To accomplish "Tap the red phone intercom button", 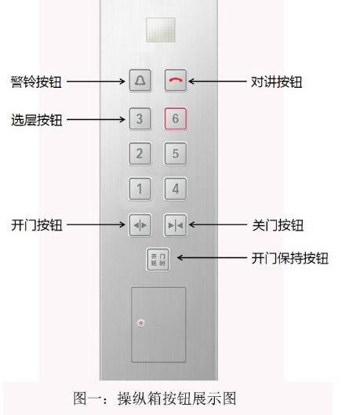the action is pos(176,80).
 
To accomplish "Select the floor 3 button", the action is pos(140,118).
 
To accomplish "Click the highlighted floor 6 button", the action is pos(176,118).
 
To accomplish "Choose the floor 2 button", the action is pos(140,154).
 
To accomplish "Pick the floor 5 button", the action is pos(176,154).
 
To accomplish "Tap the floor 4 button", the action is pos(176,189).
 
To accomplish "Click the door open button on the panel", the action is pos(140,225).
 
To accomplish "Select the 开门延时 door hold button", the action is pos(158,260).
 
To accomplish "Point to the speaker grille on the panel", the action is pos(161,30).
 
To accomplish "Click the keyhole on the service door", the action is pos(141,323).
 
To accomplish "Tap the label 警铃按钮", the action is pos(36,82).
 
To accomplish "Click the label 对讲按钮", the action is pos(276,82).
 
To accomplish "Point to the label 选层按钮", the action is pos(37,120).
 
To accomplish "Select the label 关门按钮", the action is pos(278,225).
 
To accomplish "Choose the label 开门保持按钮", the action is pos(290,258).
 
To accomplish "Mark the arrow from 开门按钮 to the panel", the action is pos(96,224).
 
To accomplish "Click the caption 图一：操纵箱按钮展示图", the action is pos(155,399).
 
